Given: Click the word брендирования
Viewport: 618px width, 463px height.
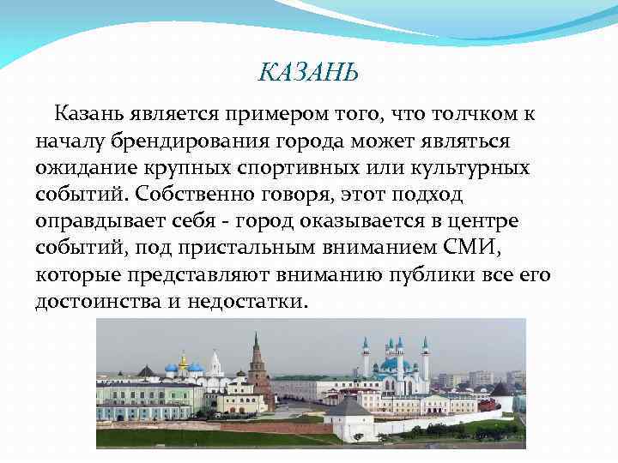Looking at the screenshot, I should (x=193, y=140).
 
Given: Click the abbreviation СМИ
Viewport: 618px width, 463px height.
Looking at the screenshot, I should (x=438, y=249).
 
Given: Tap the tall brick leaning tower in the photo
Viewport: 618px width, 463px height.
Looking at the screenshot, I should (x=256, y=364).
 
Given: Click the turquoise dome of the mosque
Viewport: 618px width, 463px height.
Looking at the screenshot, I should (x=395, y=364).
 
